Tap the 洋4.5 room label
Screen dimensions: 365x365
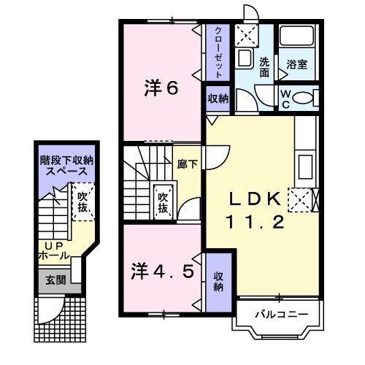point(163,272)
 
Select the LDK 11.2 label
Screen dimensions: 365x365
point(255,210)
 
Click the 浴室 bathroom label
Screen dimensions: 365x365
point(296,64)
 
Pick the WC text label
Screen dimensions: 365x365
point(286,98)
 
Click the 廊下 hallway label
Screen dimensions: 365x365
point(187,164)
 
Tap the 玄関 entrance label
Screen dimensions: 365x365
point(55,280)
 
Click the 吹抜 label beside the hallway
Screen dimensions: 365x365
point(164,202)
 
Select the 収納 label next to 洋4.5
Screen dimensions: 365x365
point(218,281)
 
